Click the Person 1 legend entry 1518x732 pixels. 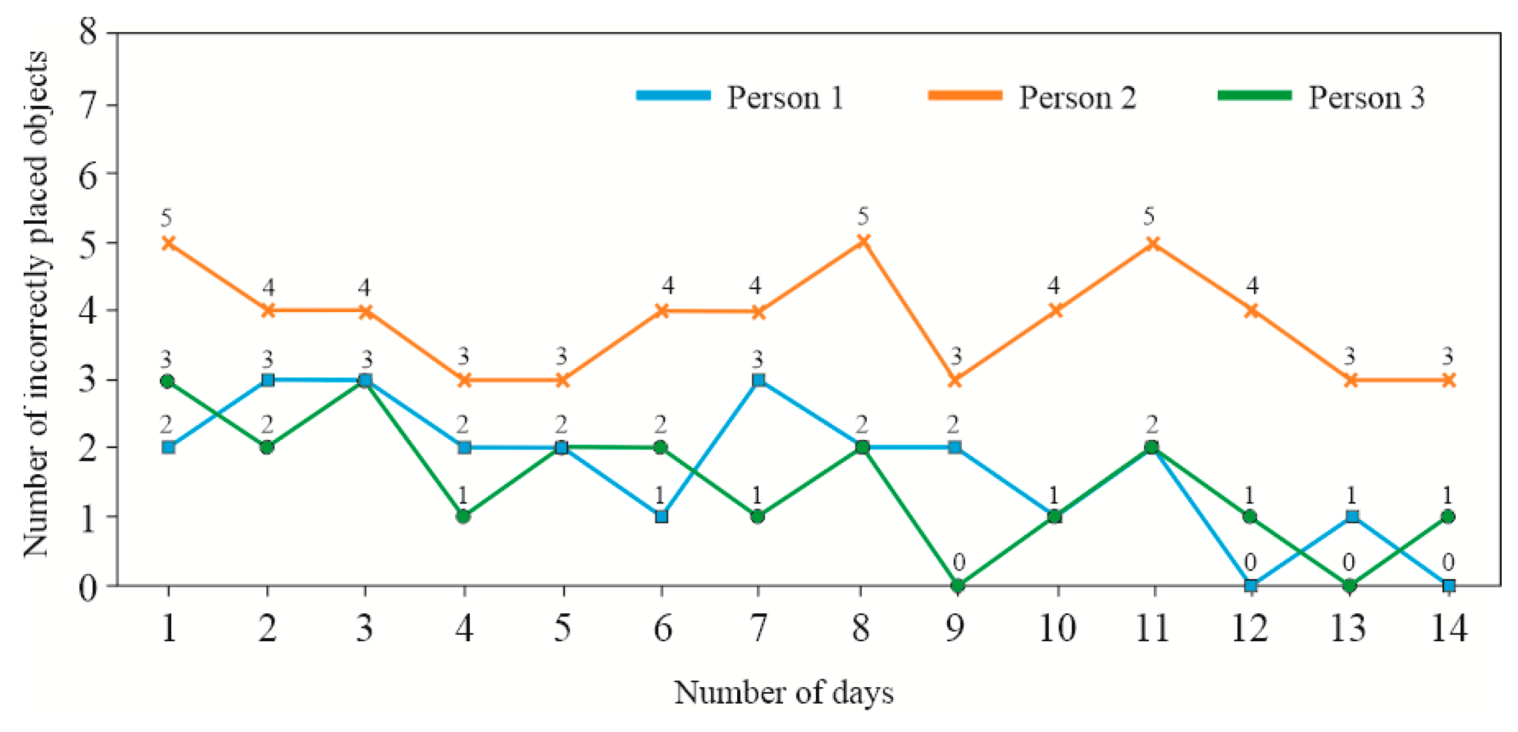[x=785, y=97]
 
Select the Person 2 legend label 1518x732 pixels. [x=1077, y=97]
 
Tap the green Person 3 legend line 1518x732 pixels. [x=1254, y=96]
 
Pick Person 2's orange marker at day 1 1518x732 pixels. [x=169, y=243]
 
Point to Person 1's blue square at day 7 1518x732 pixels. [x=758, y=380]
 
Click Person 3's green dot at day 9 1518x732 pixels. [x=958, y=586]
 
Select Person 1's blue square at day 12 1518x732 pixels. [x=1251, y=586]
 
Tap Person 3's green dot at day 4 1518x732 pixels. [x=464, y=517]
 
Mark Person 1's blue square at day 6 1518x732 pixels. [x=662, y=517]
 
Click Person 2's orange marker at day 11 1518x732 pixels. [x=1154, y=243]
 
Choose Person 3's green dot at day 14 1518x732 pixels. [x=1448, y=517]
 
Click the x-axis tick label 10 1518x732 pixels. [x=1057, y=628]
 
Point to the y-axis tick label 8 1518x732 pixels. [x=88, y=31]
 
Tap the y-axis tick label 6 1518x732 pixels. [x=88, y=176]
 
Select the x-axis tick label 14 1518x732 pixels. [x=1448, y=628]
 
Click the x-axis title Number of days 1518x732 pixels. [x=784, y=693]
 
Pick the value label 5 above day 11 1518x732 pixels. [x=1149, y=216]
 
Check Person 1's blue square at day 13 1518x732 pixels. [x=1352, y=517]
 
